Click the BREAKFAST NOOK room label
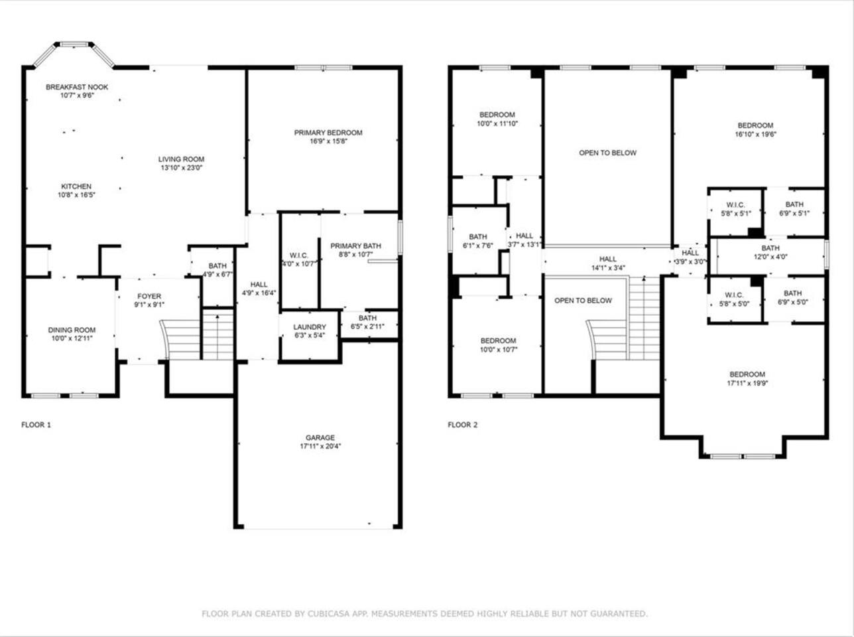click(77, 87)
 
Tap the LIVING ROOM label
click(181, 159)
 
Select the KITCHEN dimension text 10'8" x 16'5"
click(77, 194)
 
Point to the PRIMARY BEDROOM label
click(328, 133)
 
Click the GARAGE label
click(320, 437)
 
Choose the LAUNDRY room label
click(310, 326)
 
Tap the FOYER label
click(149, 296)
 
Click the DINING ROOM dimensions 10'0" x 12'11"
click(72, 338)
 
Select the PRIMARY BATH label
click(355, 246)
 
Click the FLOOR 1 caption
click(36, 425)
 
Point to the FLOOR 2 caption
click(463, 425)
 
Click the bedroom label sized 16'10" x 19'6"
click(755, 125)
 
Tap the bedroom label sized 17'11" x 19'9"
click(747, 374)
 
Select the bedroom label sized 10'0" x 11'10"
click(497, 115)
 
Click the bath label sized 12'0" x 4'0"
click(770, 248)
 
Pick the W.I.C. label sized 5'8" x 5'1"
click(736, 205)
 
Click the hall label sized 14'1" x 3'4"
click(608, 259)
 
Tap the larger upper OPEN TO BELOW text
click(608, 153)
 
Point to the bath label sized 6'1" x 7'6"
click(478, 236)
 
